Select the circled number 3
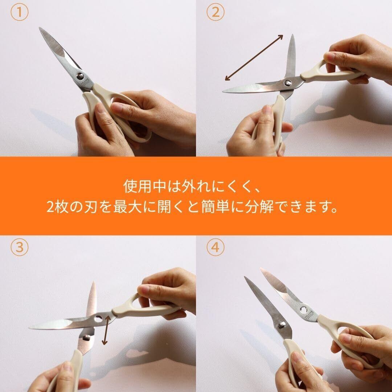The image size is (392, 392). [19, 247]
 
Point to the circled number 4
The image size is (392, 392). [215, 247]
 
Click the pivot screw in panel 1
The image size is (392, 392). [80, 76]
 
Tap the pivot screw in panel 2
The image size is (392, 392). [287, 83]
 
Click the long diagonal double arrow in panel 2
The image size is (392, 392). [254, 57]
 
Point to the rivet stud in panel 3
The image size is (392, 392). [86, 338]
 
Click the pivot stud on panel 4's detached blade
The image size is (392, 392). [282, 325]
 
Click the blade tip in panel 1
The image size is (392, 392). [40, 28]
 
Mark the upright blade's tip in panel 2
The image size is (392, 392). [293, 36]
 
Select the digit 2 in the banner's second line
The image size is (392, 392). [50, 208]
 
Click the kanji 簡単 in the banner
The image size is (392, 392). [216, 207]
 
